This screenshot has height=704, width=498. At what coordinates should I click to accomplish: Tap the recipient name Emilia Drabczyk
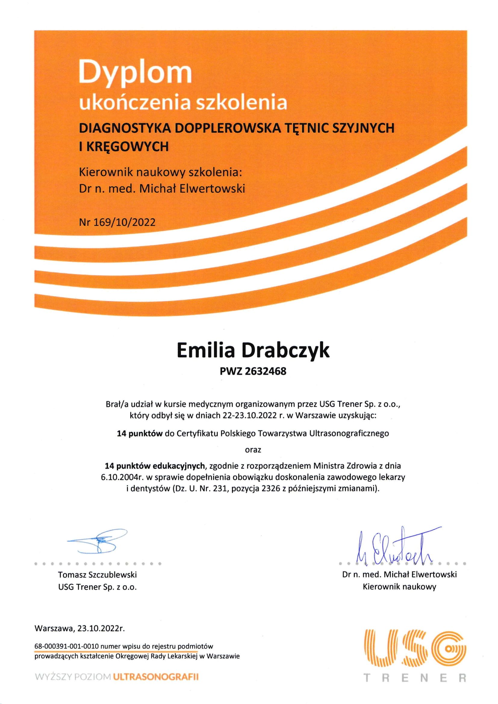tap(253, 352)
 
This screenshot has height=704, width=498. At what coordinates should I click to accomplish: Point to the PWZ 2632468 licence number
tap(253, 372)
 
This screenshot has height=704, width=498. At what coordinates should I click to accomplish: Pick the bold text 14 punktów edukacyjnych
tap(155, 466)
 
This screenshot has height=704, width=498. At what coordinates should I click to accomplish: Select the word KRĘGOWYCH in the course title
tap(127, 147)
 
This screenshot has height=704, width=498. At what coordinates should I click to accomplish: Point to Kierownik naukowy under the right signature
tap(399, 587)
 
